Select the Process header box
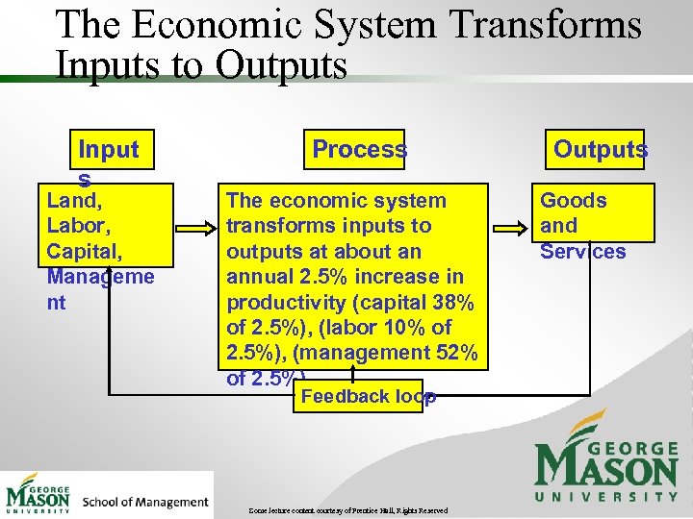358,149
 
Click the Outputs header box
600,149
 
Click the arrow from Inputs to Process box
196,229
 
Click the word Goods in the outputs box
573,201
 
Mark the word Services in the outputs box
582,252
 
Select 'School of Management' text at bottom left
145,502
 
